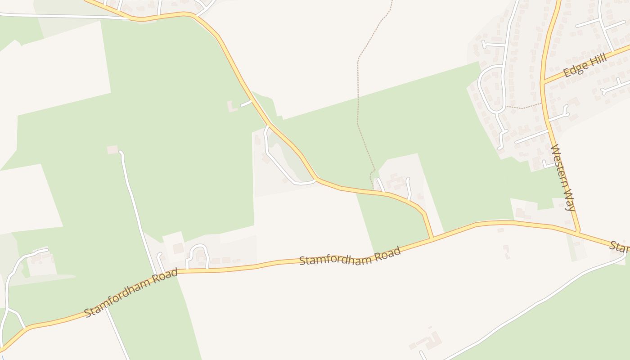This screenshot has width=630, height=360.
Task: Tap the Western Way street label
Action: pyautogui.click(x=563, y=177)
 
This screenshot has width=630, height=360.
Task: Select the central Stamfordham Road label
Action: pyautogui.click(x=350, y=256)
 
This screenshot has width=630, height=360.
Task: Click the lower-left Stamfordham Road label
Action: pyautogui.click(x=130, y=293)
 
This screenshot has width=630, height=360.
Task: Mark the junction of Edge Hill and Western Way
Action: pyautogui.click(x=544, y=82)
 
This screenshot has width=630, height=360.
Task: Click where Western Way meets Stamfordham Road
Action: pyautogui.click(x=578, y=232)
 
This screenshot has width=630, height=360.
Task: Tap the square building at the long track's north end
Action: pyautogui.click(x=112, y=149)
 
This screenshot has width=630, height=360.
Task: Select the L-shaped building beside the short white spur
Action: pyautogui.click(x=232, y=107)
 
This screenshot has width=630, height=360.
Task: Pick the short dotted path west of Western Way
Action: pyautogui.click(x=523, y=107)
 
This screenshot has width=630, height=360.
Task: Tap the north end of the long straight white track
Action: pyautogui.click(x=121, y=153)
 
